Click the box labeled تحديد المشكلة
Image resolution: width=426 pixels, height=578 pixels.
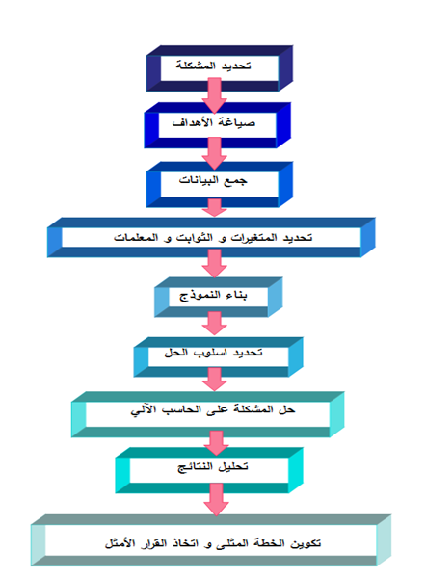click(x=220, y=68)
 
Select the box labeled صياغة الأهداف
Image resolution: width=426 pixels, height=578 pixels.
click(x=218, y=125)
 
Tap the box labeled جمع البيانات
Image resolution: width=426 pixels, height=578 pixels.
click(x=220, y=184)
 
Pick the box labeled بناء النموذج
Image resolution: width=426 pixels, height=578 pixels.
click(x=219, y=297)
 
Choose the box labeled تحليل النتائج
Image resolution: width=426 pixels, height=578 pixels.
click(x=209, y=470)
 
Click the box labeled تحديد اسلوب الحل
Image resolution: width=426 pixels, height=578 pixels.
click(x=219, y=356)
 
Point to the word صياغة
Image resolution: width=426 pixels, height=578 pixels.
click(x=240, y=122)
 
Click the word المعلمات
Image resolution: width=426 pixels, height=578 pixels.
click(x=136, y=238)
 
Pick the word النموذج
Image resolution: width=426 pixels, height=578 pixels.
click(x=200, y=296)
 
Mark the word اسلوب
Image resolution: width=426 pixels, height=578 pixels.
click(x=211, y=353)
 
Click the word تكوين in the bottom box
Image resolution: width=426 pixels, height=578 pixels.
click(x=306, y=543)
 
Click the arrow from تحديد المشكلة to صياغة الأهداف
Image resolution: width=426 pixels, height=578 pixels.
click(x=214, y=95)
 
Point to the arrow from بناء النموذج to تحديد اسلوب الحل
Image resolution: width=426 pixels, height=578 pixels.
click(x=214, y=324)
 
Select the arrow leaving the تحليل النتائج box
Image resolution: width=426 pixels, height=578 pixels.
click(x=216, y=499)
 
